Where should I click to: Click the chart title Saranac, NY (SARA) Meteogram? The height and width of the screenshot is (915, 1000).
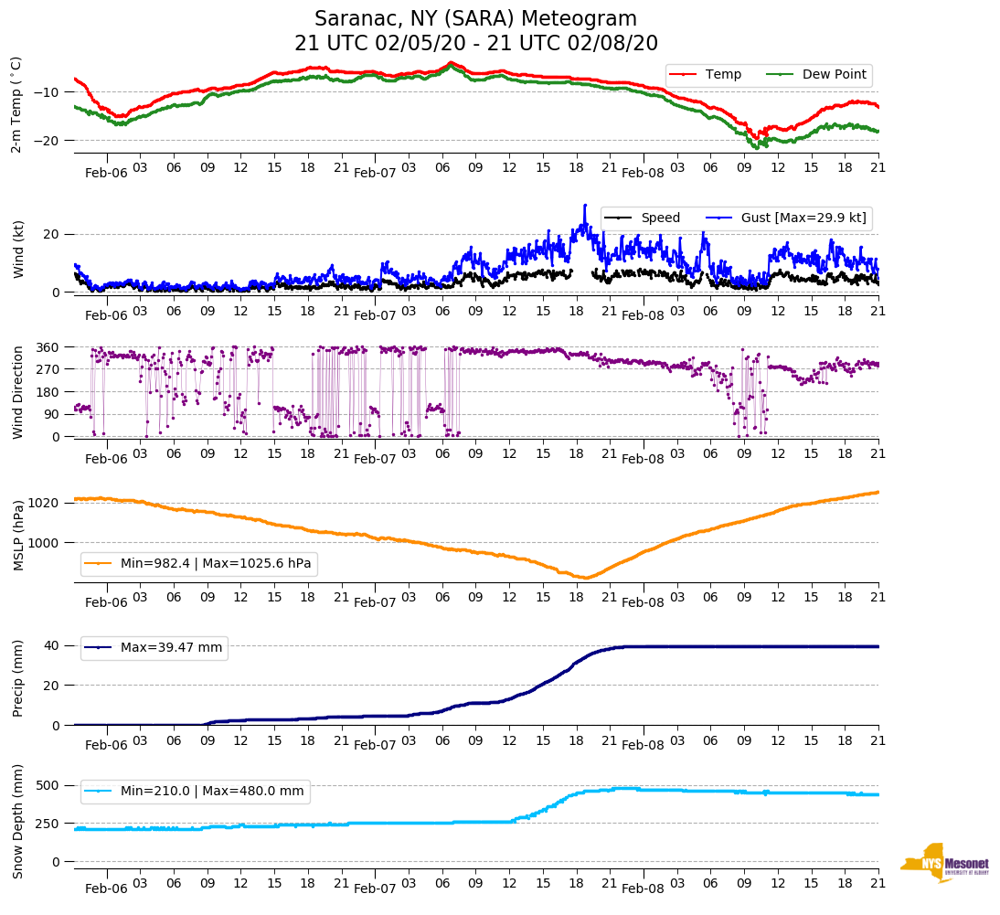475,19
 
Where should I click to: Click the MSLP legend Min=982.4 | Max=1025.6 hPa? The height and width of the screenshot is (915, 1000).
216,564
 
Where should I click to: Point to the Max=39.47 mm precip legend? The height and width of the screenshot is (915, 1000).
171,648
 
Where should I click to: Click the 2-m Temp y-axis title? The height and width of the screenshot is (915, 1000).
16,103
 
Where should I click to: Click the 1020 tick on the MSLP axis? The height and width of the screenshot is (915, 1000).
49,503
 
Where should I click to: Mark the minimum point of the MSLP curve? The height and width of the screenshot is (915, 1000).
585,578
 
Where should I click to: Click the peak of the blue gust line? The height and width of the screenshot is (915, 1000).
585,206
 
